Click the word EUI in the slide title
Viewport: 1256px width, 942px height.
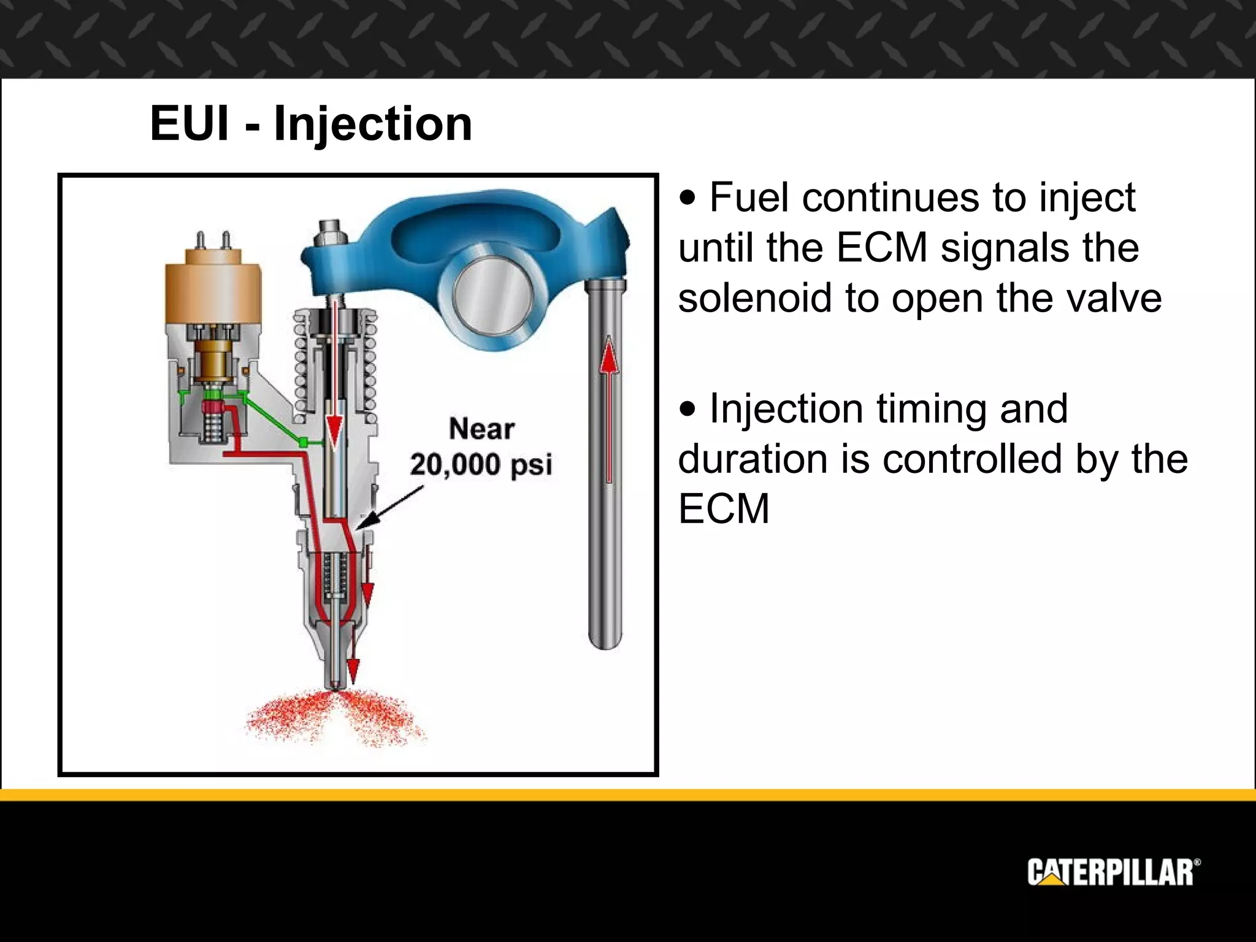pyautogui.click(x=190, y=123)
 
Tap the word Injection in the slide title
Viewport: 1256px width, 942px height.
pyautogui.click(x=373, y=124)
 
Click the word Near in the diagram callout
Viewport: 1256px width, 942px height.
pyautogui.click(x=481, y=428)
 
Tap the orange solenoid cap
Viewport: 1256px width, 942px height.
pyautogui.click(x=213, y=288)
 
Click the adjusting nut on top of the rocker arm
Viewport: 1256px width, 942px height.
pyautogui.click(x=329, y=232)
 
